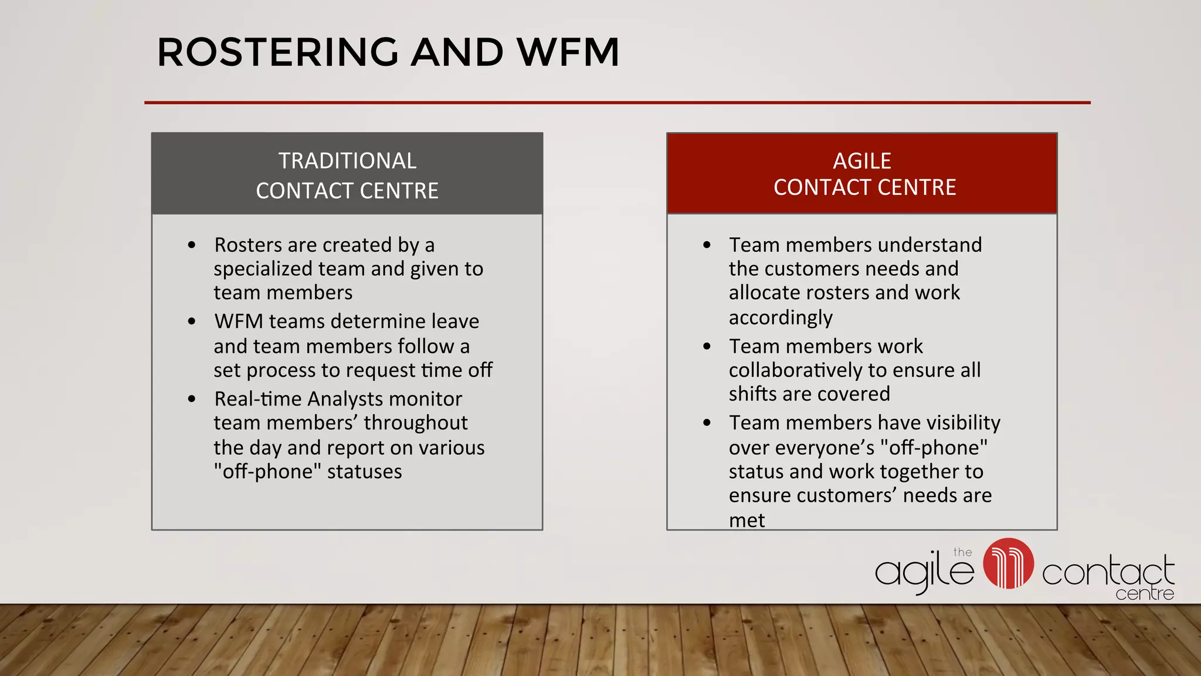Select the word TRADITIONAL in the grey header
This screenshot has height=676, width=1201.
tap(347, 161)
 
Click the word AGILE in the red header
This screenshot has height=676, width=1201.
tap(862, 161)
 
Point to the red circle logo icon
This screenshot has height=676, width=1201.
tap(1008, 563)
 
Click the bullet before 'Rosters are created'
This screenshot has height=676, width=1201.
tap(192, 245)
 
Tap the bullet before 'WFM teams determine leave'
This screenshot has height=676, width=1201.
tap(192, 322)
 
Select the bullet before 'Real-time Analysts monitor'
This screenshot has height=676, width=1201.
tap(192, 399)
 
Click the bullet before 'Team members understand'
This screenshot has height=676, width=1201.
tap(707, 245)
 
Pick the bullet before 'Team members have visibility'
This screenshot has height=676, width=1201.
tap(707, 422)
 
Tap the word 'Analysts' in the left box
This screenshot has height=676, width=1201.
tap(345, 399)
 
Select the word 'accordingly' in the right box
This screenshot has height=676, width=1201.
tap(781, 317)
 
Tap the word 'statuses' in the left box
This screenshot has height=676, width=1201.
tap(364, 472)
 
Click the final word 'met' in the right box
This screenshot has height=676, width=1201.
tap(747, 520)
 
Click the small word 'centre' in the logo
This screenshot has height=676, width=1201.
tap(1144, 594)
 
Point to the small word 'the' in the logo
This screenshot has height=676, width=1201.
tap(962, 552)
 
